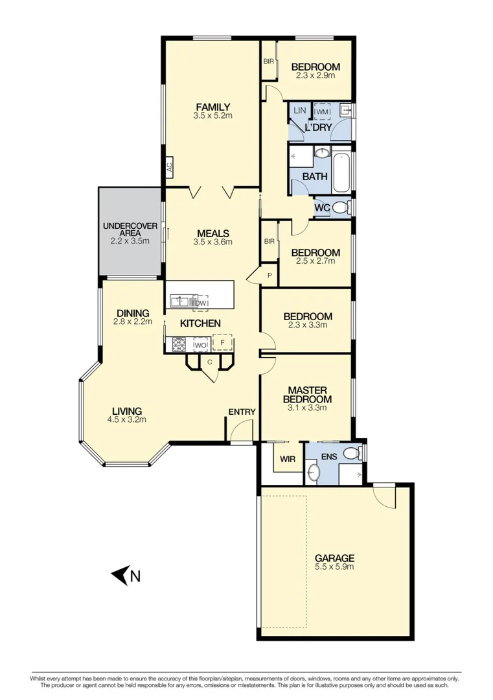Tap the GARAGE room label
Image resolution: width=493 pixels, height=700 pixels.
pyautogui.click(x=334, y=558)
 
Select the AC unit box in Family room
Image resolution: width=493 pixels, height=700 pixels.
pyautogui.click(x=168, y=167)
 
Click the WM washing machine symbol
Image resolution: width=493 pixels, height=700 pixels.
pyautogui.click(x=322, y=112)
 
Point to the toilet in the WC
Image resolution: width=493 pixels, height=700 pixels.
pyautogui.click(x=345, y=207)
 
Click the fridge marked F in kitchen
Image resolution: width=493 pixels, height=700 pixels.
pyautogui.click(x=222, y=342)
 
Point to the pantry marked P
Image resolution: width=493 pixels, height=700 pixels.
pyautogui.click(x=269, y=274)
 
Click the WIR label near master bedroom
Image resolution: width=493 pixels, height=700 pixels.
pyautogui.click(x=288, y=459)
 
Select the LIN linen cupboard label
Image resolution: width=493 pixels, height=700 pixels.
pyautogui.click(x=299, y=111)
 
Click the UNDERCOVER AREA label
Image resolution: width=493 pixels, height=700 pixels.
pyautogui.click(x=130, y=229)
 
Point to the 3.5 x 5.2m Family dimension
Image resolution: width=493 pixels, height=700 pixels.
pyautogui.click(x=212, y=116)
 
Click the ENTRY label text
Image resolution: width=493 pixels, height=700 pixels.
pyautogui.click(x=242, y=412)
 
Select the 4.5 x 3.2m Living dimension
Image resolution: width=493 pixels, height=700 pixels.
pyautogui.click(x=127, y=419)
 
